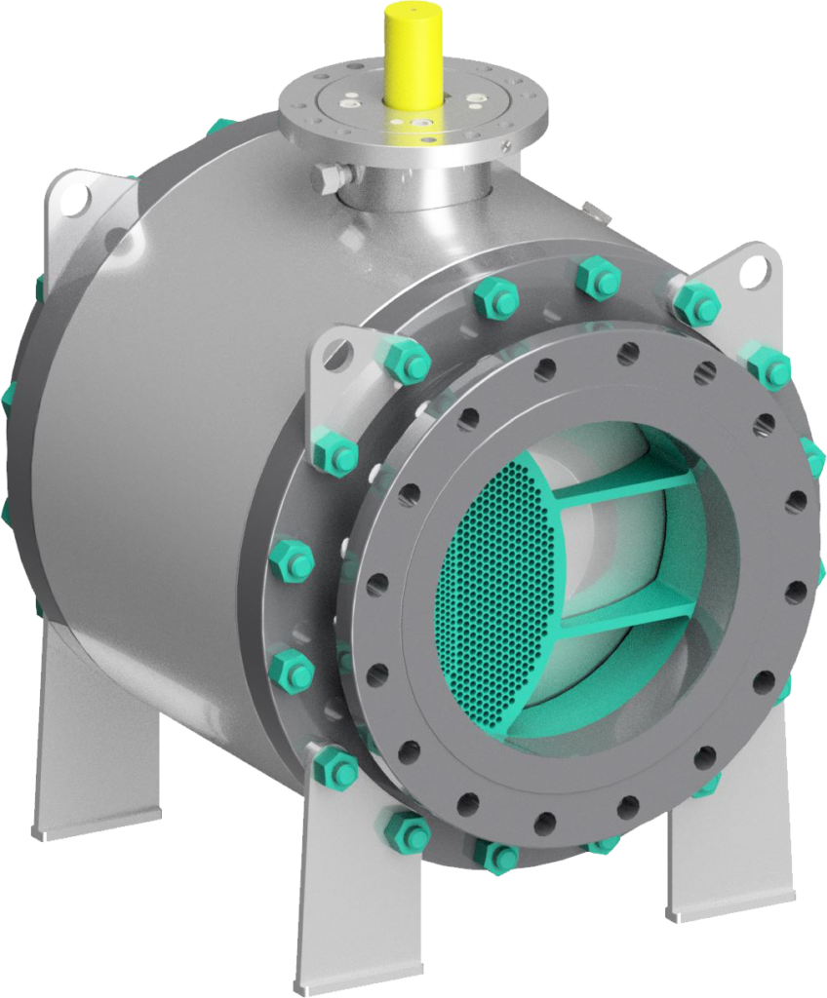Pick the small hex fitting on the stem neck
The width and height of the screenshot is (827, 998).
[329, 178]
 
